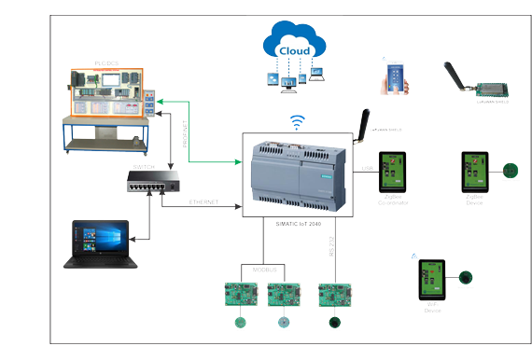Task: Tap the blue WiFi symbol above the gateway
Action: [298, 121]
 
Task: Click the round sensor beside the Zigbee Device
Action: [510, 171]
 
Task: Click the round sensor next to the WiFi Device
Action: [465, 277]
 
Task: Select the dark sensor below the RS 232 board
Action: [332, 323]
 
